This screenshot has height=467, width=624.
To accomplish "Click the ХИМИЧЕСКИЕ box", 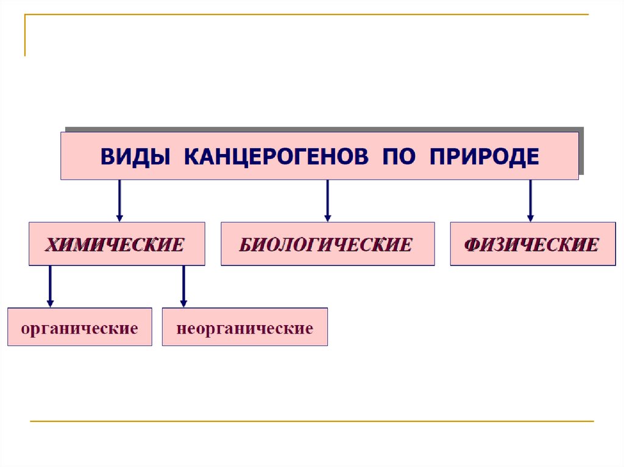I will tap(116, 244).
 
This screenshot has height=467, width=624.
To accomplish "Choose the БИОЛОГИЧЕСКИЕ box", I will tap(327, 244).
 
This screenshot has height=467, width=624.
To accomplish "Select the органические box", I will tap(79, 328).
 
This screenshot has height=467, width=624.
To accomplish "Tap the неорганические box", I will tap(244, 328).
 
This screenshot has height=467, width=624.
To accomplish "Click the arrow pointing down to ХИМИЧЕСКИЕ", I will tap(119, 201).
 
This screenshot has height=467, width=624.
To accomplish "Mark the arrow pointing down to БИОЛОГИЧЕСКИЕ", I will tap(327, 201).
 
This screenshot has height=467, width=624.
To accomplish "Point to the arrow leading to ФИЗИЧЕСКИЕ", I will tap(530, 201).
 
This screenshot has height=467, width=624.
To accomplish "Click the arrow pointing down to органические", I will tap(50, 286).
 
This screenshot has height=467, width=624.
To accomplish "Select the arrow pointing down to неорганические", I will tap(183, 286).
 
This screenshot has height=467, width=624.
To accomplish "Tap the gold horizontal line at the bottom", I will tap(311, 421).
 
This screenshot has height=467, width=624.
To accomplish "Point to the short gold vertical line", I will tap(25, 35).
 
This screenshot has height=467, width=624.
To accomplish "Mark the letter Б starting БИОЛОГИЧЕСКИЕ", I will tap(245, 245).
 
